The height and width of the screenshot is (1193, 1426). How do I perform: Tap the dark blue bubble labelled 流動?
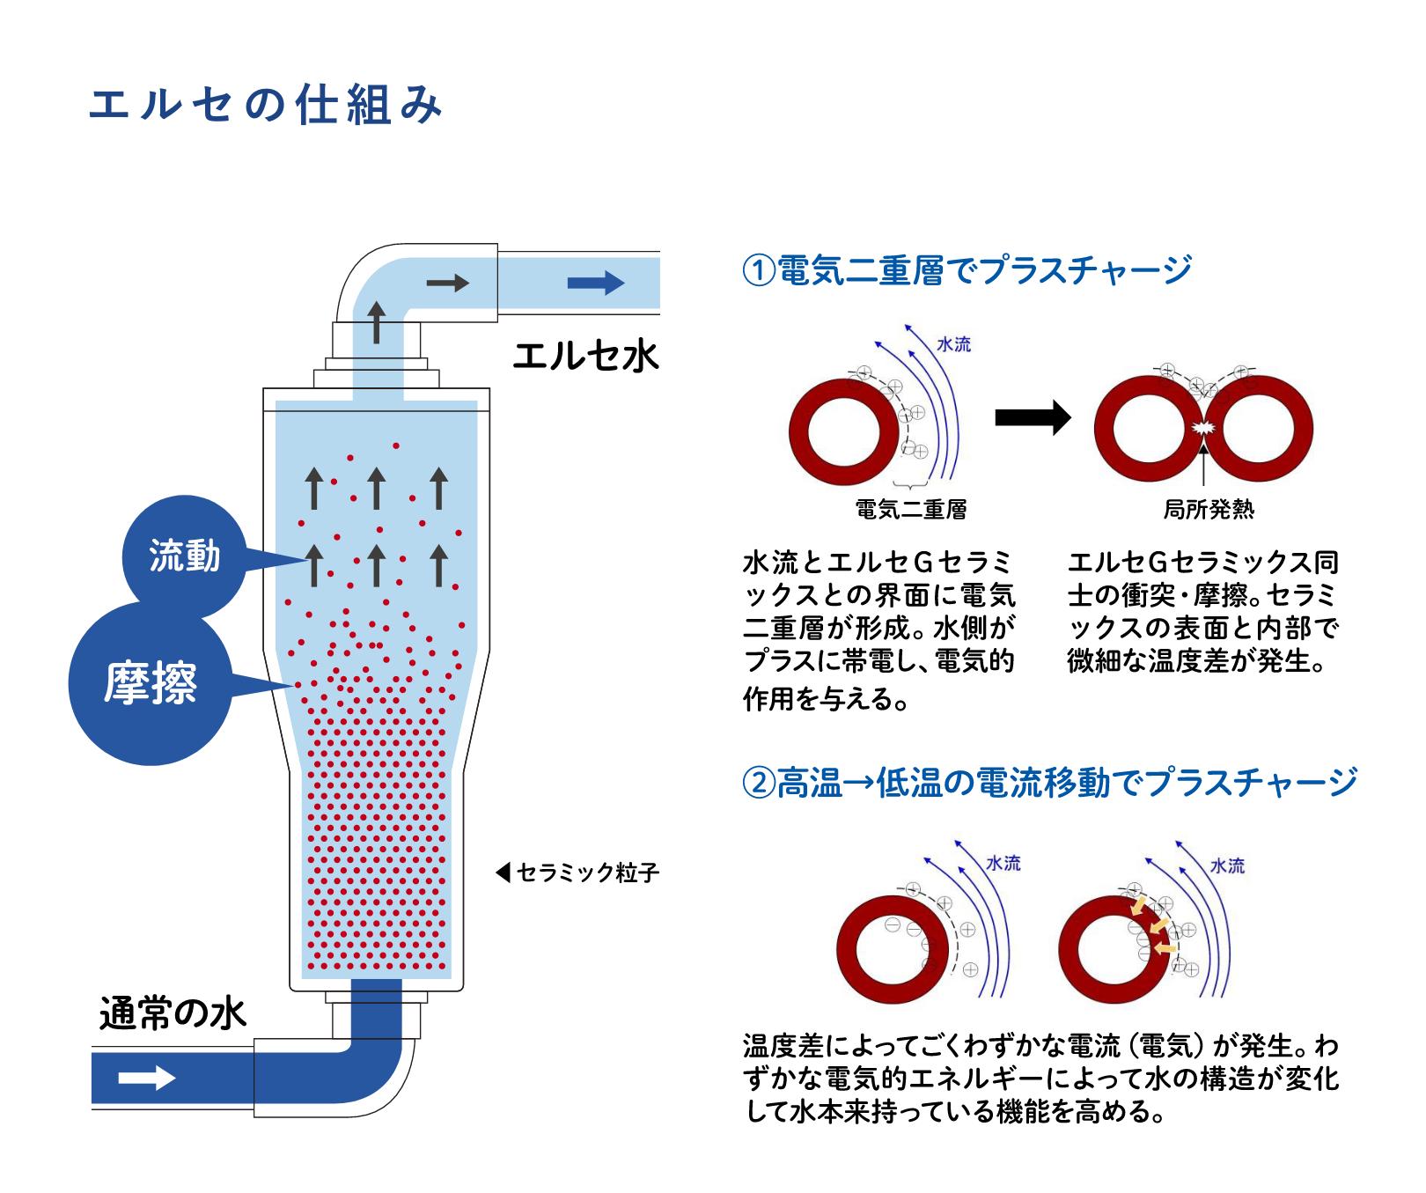185,556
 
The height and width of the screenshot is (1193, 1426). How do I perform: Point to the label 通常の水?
173,1013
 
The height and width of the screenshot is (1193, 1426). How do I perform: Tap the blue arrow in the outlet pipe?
596,283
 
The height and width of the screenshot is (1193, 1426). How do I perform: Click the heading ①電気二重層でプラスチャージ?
967,269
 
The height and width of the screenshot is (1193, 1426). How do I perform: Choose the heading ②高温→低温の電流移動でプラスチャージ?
1050,782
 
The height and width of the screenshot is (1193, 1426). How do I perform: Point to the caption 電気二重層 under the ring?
911,509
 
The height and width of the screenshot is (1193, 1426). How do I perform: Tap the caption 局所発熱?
1209,509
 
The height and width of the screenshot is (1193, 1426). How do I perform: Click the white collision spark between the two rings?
1202,429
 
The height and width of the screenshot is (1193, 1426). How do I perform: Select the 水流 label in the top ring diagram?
954,344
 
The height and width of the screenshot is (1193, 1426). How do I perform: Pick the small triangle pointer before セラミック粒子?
503,873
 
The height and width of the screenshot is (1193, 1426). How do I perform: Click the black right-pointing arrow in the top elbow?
448,283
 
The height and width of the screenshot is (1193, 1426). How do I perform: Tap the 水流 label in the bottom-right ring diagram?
1227,865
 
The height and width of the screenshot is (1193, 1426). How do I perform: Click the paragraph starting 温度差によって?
1041,1079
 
